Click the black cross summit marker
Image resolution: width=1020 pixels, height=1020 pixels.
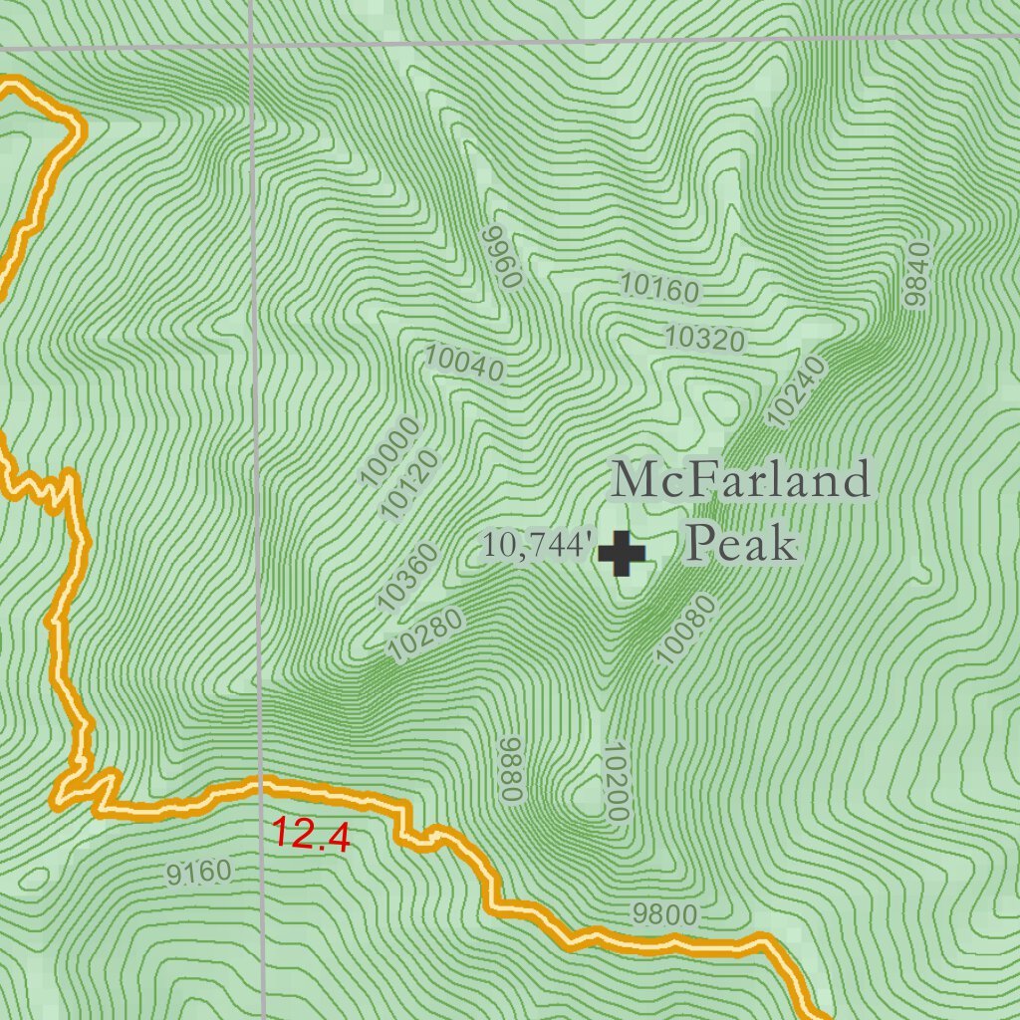point(622,554)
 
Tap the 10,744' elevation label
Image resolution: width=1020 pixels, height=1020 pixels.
point(539,545)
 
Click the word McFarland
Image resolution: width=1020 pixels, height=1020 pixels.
point(741,481)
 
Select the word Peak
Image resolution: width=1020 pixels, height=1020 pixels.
point(742,544)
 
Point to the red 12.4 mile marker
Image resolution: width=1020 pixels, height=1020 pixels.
point(311,835)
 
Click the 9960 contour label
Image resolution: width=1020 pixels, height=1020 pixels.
point(501,257)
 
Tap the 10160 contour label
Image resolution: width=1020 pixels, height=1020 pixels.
point(659,288)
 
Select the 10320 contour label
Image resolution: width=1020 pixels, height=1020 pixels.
point(704,340)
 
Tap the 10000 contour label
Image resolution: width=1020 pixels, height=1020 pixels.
point(390,452)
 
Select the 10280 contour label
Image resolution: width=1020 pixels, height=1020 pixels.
point(427,635)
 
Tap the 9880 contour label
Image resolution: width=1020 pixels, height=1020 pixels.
point(512,769)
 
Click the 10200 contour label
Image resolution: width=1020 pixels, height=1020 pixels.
point(615,781)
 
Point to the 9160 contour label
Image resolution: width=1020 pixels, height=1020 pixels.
point(199,875)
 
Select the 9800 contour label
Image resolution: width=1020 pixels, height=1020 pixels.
point(664,913)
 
